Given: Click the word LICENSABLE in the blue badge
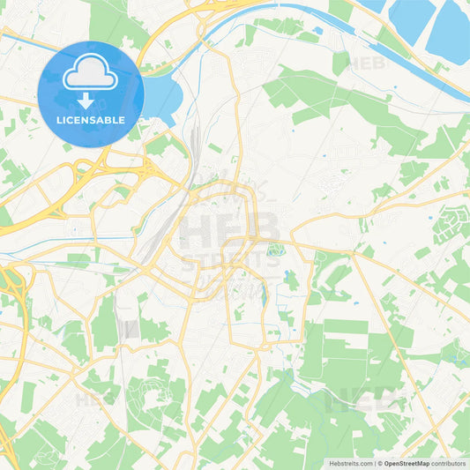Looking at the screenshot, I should [91, 119].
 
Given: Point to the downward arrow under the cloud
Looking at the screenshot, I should [91, 100].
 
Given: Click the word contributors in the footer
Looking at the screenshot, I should [449, 462].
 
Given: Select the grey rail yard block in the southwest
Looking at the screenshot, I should [129, 328].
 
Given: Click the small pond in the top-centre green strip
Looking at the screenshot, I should [317, 31].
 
